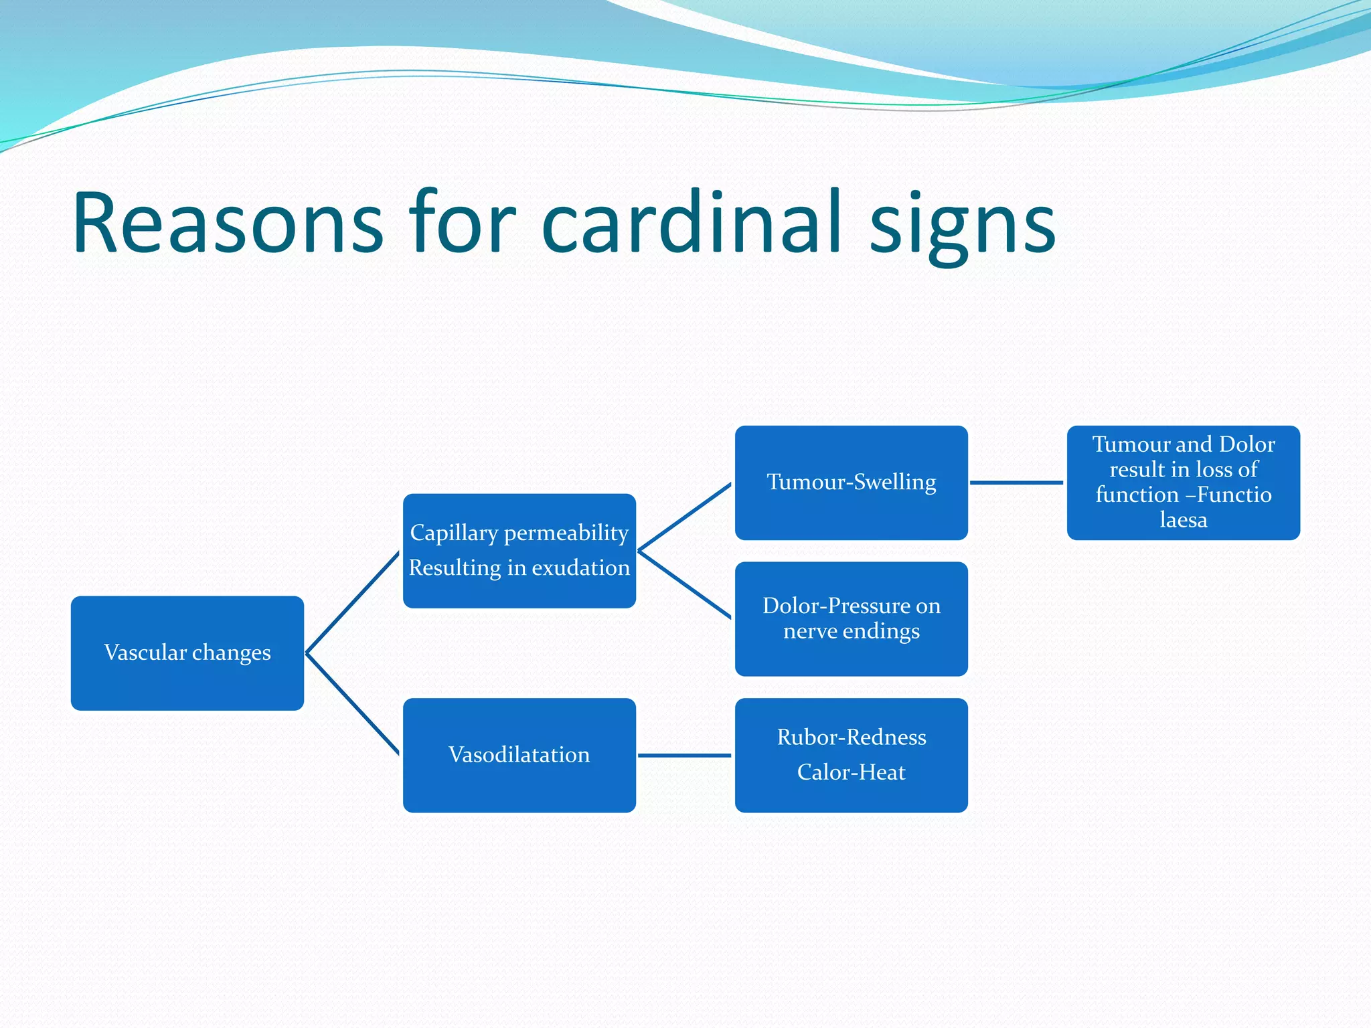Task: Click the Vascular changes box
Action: point(187,653)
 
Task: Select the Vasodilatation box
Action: point(519,755)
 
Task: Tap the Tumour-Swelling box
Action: point(851,483)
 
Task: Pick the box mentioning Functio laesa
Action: point(1183,483)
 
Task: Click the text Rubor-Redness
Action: point(852,738)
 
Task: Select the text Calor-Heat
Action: point(851,772)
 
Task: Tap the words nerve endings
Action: point(851,631)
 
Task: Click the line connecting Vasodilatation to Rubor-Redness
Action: point(684,756)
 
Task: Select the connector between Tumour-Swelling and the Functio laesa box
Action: point(1016,483)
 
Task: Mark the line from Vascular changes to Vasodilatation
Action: point(353,704)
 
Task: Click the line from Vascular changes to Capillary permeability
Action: point(353,602)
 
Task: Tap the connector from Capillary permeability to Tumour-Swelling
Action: point(684,517)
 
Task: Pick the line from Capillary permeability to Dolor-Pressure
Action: point(684,584)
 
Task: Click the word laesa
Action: point(1183,520)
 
